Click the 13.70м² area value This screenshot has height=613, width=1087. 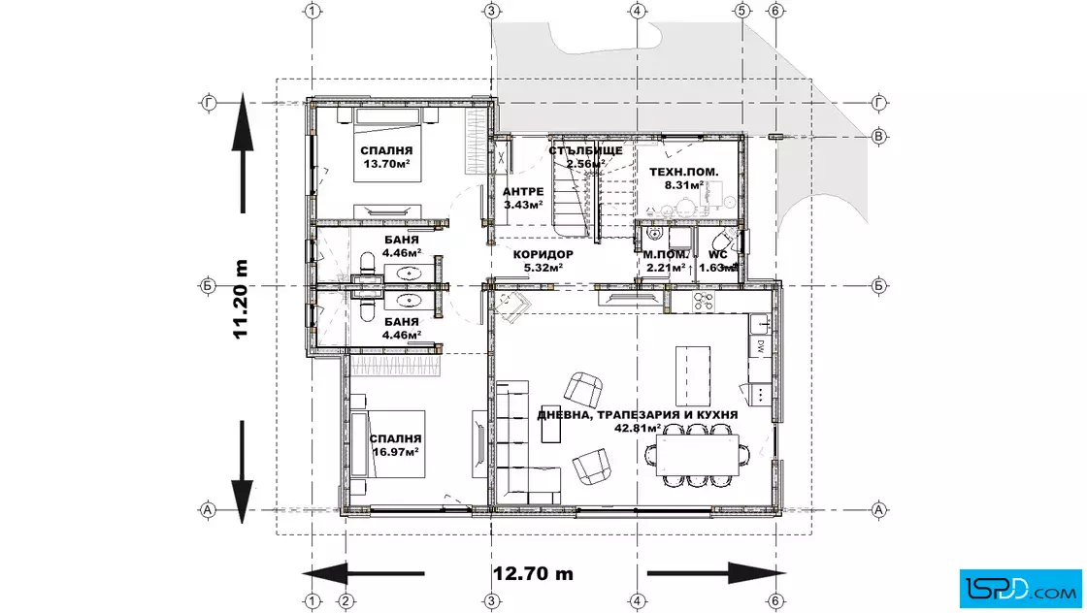(387, 164)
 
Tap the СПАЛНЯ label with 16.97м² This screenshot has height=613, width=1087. (395, 438)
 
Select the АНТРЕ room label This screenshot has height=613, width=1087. (523, 192)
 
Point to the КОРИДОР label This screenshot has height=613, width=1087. (543, 254)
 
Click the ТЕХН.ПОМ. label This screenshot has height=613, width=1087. (683, 172)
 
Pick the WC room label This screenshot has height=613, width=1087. (717, 255)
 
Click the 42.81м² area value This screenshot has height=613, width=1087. (637, 428)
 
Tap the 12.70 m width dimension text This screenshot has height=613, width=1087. (533, 573)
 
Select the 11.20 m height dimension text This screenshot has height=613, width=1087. (241, 300)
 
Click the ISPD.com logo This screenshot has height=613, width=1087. (1020, 588)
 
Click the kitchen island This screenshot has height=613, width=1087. (693, 375)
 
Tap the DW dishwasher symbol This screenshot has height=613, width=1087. (760, 345)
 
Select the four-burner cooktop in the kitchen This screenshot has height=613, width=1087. (703, 302)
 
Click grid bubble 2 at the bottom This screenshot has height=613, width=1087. (346, 600)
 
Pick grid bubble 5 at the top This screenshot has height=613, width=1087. (741, 11)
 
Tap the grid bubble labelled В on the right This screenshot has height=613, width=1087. (878, 136)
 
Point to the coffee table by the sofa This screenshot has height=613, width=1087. (551, 423)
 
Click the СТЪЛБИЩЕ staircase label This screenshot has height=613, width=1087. (586, 150)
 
